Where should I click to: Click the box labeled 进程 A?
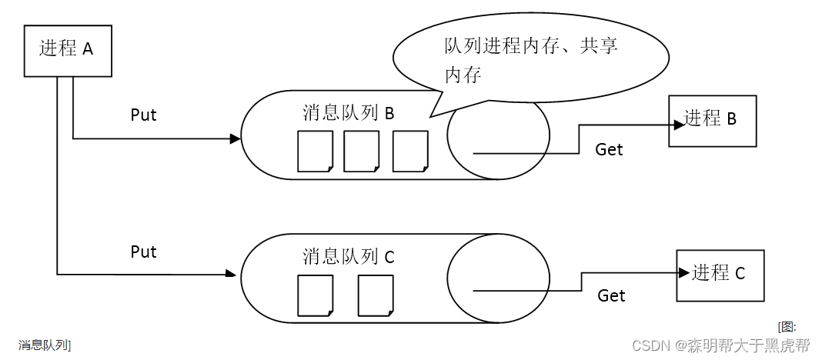tap(68, 50)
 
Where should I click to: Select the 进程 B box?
tap(712, 121)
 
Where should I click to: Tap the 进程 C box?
tap(720, 275)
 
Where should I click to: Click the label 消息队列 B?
tap(348, 113)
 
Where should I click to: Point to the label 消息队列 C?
tap(348, 256)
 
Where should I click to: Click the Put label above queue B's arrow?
tap(143, 115)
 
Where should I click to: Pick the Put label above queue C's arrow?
tap(143, 252)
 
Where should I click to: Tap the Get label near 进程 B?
tap(609, 150)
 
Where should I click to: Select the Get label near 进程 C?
tap(611, 295)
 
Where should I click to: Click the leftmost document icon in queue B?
tap(315, 152)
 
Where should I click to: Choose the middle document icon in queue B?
tap(361, 152)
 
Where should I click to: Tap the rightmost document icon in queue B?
tap(409, 152)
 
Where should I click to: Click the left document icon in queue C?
tap(315, 295)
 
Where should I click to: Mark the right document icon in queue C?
tap(375, 295)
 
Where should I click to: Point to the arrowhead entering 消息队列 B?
tap(236, 139)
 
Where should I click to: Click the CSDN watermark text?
tap(720, 345)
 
